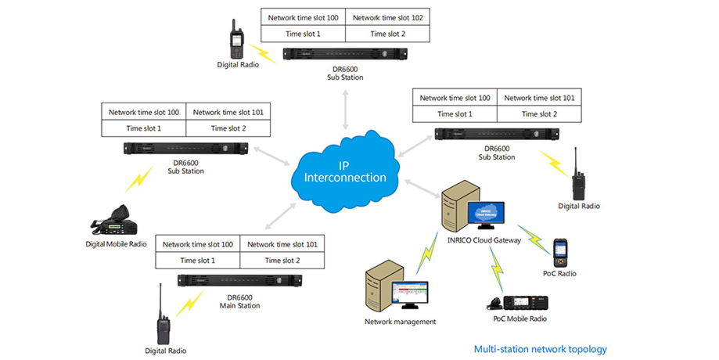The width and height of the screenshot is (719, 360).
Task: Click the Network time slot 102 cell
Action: [x=387, y=17]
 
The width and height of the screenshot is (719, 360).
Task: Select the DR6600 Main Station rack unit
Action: [x=239, y=280]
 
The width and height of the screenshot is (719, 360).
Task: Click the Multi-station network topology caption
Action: [x=540, y=349]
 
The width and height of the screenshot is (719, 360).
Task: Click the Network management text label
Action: [x=400, y=322]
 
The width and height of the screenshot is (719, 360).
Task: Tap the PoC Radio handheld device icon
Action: [x=560, y=254]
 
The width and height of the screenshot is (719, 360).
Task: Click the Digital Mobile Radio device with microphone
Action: [x=115, y=222]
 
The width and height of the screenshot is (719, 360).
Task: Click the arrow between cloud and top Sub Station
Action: [x=345, y=108]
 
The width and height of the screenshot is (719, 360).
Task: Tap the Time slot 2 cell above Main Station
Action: [x=282, y=261]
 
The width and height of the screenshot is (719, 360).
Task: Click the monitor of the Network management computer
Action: [x=409, y=297]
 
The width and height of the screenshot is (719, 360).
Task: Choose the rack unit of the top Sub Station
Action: [x=345, y=55]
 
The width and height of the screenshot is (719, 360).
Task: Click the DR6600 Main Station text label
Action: [x=239, y=301]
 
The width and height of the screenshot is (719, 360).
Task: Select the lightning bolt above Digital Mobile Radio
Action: [x=138, y=181]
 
